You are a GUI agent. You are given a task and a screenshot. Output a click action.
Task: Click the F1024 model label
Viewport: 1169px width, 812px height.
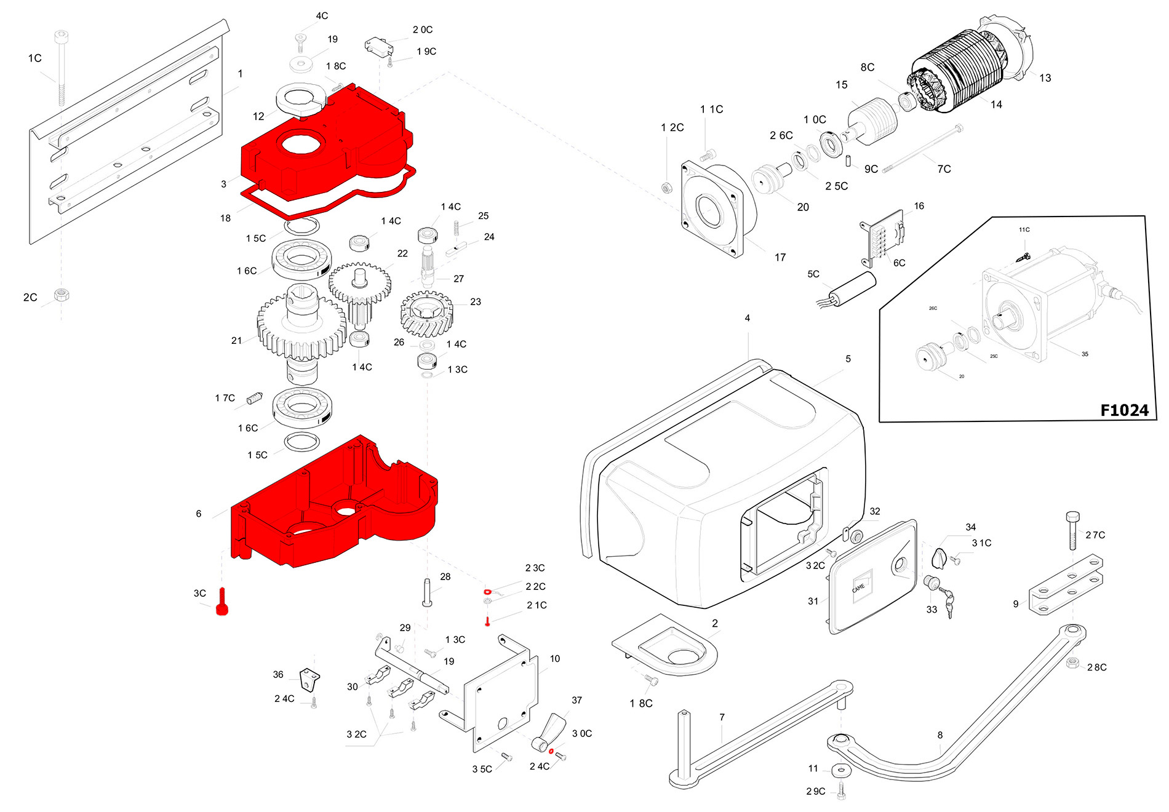(x=1123, y=410)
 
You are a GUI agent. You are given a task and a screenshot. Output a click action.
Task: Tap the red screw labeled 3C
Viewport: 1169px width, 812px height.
(x=222, y=602)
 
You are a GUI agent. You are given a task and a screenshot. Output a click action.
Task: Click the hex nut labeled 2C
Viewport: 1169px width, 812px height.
(x=61, y=294)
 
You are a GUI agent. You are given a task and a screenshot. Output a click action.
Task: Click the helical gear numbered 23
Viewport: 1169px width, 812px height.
(x=426, y=314)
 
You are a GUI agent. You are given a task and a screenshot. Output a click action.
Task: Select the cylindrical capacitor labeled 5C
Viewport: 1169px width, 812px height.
(x=853, y=289)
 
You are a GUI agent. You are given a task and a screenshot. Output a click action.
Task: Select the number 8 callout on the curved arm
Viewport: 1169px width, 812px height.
(x=940, y=734)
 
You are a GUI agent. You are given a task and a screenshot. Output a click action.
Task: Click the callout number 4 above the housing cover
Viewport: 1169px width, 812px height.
(x=747, y=318)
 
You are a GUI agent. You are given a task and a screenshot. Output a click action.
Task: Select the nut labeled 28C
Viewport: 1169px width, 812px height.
(x=1072, y=663)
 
